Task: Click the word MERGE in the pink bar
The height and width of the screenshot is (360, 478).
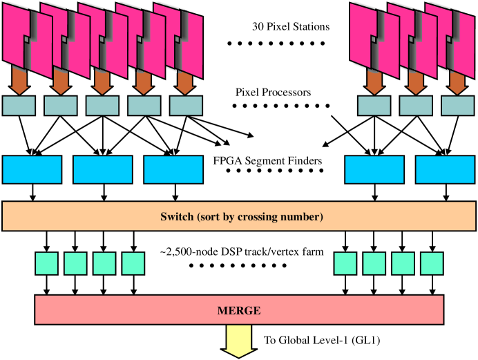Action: click(239, 311)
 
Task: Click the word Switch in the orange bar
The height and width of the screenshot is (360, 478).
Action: click(177, 217)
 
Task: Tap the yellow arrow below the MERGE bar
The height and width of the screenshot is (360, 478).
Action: click(239, 341)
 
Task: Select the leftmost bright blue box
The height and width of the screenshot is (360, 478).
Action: click(32, 170)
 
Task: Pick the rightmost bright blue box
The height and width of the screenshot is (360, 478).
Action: click(445, 170)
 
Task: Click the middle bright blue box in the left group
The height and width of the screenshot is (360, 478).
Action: click(102, 170)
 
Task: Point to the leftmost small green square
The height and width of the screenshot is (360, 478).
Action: click(46, 264)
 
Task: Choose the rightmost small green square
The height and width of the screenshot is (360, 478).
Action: click(432, 264)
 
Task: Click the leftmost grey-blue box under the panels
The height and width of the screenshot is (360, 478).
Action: click(19, 106)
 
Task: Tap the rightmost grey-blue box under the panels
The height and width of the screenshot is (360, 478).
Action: click(457, 106)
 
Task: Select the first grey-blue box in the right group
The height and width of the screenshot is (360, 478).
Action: click(374, 106)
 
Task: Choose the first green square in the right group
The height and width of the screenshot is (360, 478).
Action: click(345, 264)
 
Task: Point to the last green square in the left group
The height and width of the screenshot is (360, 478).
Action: click(133, 264)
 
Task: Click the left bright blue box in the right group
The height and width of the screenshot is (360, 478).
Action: click(374, 170)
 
